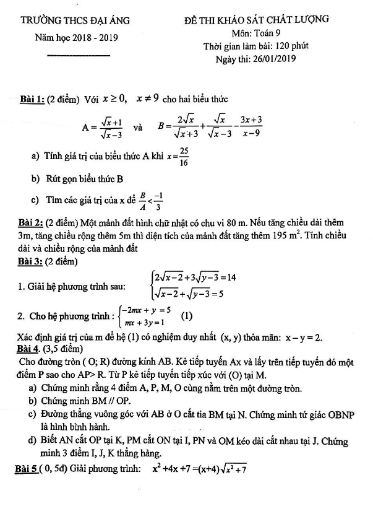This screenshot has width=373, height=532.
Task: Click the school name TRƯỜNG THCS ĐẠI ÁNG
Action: click(75, 21)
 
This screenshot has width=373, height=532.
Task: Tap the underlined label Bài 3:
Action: click(31, 261)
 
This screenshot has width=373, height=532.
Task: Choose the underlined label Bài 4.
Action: click(30, 349)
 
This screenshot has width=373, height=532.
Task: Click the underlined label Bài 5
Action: click(27, 469)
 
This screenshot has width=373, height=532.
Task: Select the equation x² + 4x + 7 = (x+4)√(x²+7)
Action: click(200, 469)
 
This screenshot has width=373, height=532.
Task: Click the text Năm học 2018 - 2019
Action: click(76, 38)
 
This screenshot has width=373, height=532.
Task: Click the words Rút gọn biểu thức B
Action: click(85, 179)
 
